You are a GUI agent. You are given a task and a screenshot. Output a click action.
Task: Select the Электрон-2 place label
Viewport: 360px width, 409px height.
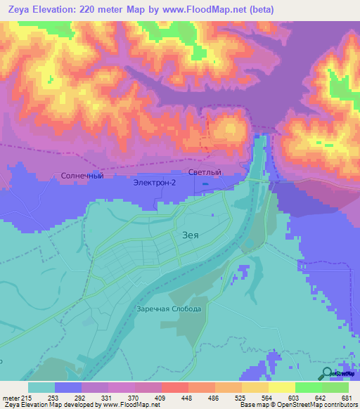(x=154, y=183)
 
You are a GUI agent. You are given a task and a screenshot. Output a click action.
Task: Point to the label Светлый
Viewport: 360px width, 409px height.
(x=205, y=172)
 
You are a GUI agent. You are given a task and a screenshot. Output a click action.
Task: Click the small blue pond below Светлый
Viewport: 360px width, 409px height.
(x=205, y=185)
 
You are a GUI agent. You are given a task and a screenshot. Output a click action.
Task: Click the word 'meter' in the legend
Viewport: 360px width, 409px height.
(x=11, y=397)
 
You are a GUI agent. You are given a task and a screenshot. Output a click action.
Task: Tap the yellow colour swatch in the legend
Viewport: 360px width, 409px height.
(x=282, y=387)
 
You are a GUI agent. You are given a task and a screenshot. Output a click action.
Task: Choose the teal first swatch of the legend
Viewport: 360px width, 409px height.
(x=41, y=387)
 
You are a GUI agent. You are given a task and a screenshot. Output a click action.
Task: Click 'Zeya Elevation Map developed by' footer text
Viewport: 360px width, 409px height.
(x=49, y=405)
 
